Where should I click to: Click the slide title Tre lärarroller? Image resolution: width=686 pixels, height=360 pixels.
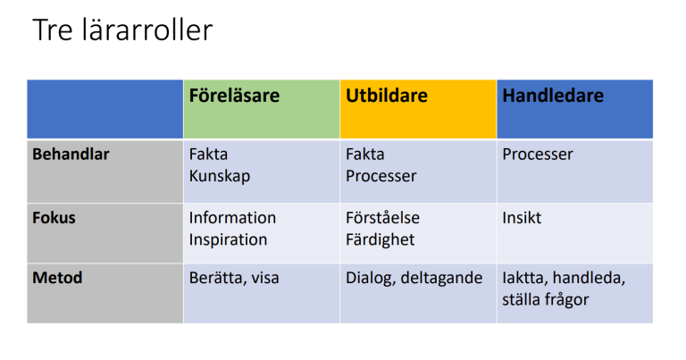coord(122,29)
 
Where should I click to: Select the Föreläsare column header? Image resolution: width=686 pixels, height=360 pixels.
coord(234,96)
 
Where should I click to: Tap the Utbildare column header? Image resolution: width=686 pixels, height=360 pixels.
coord(387,96)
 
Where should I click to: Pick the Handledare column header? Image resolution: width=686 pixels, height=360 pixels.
coord(553,96)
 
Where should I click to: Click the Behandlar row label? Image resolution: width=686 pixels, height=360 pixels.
coord(71,154)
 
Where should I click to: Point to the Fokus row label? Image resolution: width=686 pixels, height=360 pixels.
coord(54,217)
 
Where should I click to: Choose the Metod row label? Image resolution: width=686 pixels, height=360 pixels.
coord(57,277)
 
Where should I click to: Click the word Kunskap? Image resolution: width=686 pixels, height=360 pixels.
coord(220,176)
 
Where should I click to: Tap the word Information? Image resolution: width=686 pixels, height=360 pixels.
coord(232,217)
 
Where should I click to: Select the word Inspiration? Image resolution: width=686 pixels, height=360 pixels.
coord(228,239)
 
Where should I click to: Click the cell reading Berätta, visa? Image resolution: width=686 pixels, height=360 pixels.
coord(234,278)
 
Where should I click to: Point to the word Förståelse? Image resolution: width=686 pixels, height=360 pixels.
coord(382,217)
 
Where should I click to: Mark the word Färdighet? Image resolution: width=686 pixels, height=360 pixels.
coord(380,239)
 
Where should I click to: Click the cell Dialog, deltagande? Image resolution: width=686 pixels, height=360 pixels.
coord(414,278)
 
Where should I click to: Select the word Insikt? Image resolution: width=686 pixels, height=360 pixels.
coord(522,217)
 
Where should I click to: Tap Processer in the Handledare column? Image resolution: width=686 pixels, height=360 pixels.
coord(537,154)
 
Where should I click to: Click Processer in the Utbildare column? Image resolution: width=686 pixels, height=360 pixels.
coord(381,176)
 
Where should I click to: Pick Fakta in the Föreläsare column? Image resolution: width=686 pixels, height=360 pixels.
coord(208,154)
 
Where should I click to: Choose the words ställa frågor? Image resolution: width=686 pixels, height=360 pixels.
coord(545,299)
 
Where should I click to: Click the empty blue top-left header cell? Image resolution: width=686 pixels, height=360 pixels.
coord(105,109)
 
